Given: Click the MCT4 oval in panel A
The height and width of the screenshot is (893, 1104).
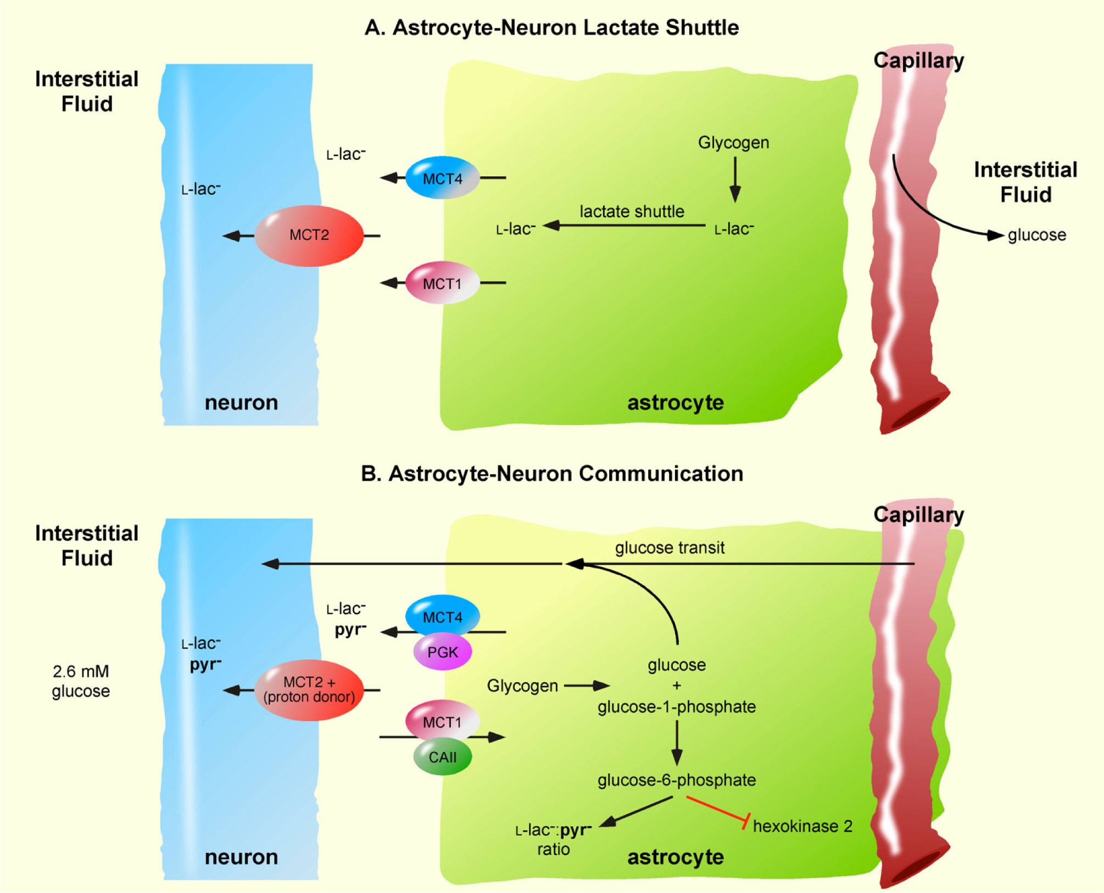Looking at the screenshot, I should pos(442,178).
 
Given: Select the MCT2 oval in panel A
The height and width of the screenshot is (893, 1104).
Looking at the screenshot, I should pos(309,235).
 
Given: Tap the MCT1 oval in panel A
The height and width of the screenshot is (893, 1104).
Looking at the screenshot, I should pos(442,283).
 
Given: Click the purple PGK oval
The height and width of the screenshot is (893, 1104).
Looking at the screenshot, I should pos(442,652).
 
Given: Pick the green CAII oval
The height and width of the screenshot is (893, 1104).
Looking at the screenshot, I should pos(442,757).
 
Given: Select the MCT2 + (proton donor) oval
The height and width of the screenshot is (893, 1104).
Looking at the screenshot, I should pos(309,690).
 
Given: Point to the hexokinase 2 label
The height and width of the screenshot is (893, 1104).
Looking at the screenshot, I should pos(802,826).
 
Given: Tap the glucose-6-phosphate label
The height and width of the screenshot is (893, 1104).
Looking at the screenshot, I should pos(677,780).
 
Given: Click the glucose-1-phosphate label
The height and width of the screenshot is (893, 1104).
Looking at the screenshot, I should pos(677,707).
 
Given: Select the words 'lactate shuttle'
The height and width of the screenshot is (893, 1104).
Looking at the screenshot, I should pos(632,211).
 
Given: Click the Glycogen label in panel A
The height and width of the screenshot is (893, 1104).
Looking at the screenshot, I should pos(733,143).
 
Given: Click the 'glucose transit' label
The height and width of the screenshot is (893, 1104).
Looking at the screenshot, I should pos(670,547).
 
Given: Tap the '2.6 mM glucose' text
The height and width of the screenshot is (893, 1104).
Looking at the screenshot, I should pos(81,681).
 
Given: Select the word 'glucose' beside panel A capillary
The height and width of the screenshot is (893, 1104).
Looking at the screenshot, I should pos(1036,235).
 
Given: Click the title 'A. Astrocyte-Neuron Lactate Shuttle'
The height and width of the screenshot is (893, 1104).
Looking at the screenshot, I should pos(551,27).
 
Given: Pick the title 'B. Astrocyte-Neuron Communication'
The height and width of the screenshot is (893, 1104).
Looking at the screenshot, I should pos(551,474).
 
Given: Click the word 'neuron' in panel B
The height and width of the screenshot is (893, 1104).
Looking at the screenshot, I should pos(241,857).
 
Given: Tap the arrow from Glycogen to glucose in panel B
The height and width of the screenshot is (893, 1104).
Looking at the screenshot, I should pos(587,686).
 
